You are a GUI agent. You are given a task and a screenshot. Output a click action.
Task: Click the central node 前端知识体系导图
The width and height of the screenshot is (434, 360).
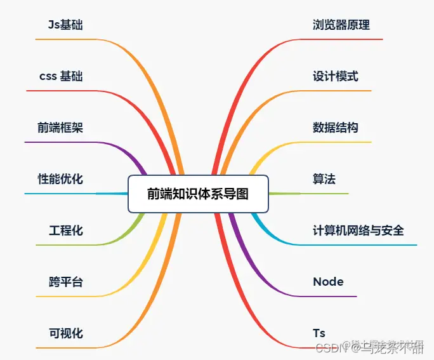click(x=198, y=194)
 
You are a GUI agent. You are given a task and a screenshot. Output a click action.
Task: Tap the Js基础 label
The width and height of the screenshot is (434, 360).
click(x=65, y=25)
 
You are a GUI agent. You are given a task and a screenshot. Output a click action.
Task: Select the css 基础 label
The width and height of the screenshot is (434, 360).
click(x=61, y=77)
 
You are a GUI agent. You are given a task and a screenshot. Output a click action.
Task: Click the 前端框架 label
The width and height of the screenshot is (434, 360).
click(x=60, y=128)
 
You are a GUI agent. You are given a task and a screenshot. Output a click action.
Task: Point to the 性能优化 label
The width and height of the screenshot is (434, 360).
click(x=60, y=179)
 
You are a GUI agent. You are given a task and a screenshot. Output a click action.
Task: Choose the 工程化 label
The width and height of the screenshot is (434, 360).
click(x=65, y=230)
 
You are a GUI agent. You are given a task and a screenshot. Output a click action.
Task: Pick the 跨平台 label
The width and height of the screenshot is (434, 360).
click(x=65, y=282)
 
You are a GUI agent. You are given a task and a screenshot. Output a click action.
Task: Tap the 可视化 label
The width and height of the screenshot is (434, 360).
click(x=65, y=333)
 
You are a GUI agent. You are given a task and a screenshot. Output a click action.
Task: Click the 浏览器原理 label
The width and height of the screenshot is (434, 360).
click(x=341, y=25)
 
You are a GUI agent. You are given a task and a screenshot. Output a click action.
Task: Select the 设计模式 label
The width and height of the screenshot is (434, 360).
click(x=336, y=76)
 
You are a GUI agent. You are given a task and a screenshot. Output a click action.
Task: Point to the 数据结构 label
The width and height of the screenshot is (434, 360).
click(x=336, y=128)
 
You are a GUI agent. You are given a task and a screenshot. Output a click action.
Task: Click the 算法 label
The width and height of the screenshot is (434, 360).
click(x=324, y=179)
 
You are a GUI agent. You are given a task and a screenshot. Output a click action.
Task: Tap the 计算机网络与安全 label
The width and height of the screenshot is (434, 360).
click(x=358, y=230)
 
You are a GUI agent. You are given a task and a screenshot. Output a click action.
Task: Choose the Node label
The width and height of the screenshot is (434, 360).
click(x=328, y=282)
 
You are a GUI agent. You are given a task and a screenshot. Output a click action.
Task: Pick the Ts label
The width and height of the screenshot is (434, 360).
click(x=319, y=333)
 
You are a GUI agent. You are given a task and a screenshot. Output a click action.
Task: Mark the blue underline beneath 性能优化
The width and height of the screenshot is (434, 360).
click(x=57, y=193)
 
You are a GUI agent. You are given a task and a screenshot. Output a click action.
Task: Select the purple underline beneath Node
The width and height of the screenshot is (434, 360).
click(x=330, y=296)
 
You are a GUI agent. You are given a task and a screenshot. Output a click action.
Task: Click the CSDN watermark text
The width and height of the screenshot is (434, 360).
click(x=329, y=347)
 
